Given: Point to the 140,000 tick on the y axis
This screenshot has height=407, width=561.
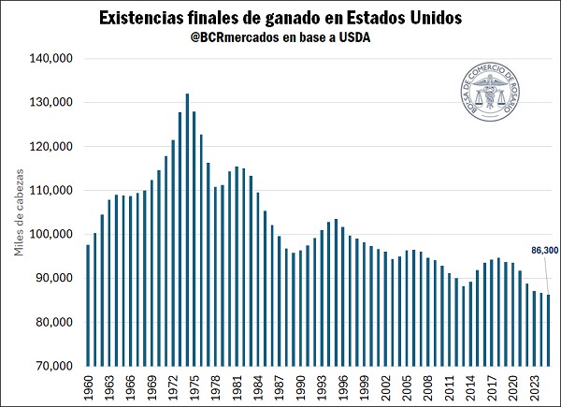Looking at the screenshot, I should point(53,58).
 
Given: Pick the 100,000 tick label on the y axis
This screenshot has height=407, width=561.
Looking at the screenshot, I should point(53,234).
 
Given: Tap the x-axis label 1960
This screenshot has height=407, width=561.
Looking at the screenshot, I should point(88,385).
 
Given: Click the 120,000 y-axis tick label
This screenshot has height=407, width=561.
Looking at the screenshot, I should point(53,146).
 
